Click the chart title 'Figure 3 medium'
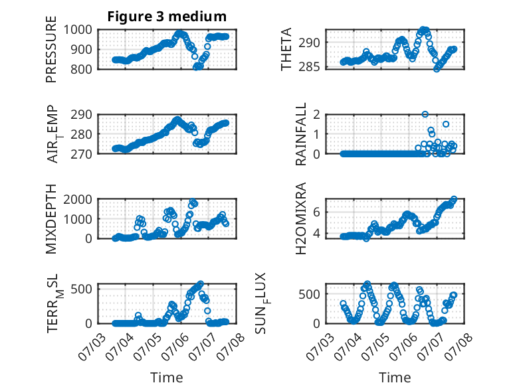(x=167, y=17)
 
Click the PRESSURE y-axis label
(x=51, y=49)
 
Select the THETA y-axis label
(x=286, y=49)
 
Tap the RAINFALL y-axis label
(x=301, y=134)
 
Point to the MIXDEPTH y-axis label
(x=51, y=219)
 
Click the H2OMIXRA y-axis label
(x=301, y=218)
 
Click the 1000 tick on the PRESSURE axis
(x=78, y=30)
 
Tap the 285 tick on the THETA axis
(x=309, y=67)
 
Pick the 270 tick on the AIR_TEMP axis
(x=81, y=154)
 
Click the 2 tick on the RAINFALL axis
(x=317, y=115)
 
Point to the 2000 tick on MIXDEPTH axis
(x=78, y=199)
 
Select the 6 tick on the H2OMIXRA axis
(x=317, y=212)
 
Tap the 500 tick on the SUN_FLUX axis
(x=309, y=294)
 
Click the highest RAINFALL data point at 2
(x=425, y=114)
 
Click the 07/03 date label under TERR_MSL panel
(x=92, y=347)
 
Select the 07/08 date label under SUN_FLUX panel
(x=459, y=347)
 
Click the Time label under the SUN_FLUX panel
(x=395, y=378)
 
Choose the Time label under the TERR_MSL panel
(x=167, y=378)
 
